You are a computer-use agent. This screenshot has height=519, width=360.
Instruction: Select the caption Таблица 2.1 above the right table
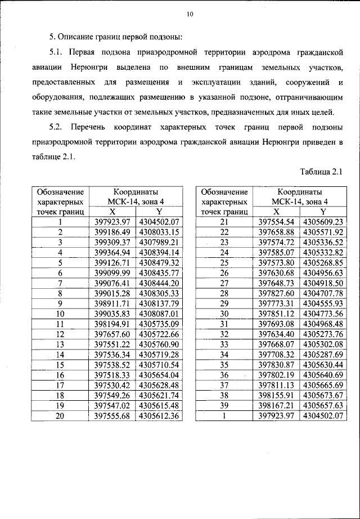[321, 171]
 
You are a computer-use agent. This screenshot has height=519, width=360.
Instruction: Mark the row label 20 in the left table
[60, 415]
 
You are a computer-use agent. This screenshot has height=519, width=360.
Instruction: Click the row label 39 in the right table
[224, 405]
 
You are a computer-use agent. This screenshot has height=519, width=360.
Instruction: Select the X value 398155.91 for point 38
[276, 395]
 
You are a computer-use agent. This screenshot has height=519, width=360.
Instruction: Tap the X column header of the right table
[276, 211]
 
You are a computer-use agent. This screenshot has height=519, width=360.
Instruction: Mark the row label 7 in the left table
[60, 283]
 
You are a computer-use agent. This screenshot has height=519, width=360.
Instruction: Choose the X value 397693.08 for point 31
[276, 323]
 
